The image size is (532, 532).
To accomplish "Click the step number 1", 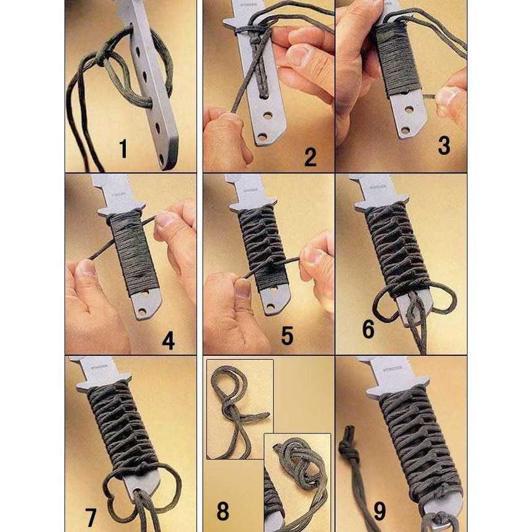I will [123, 149].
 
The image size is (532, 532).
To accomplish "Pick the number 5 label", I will [287, 335].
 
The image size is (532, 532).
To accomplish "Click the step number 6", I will [368, 330].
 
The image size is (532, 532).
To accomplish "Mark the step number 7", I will [91, 516].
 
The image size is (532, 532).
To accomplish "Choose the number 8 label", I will [223, 512].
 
